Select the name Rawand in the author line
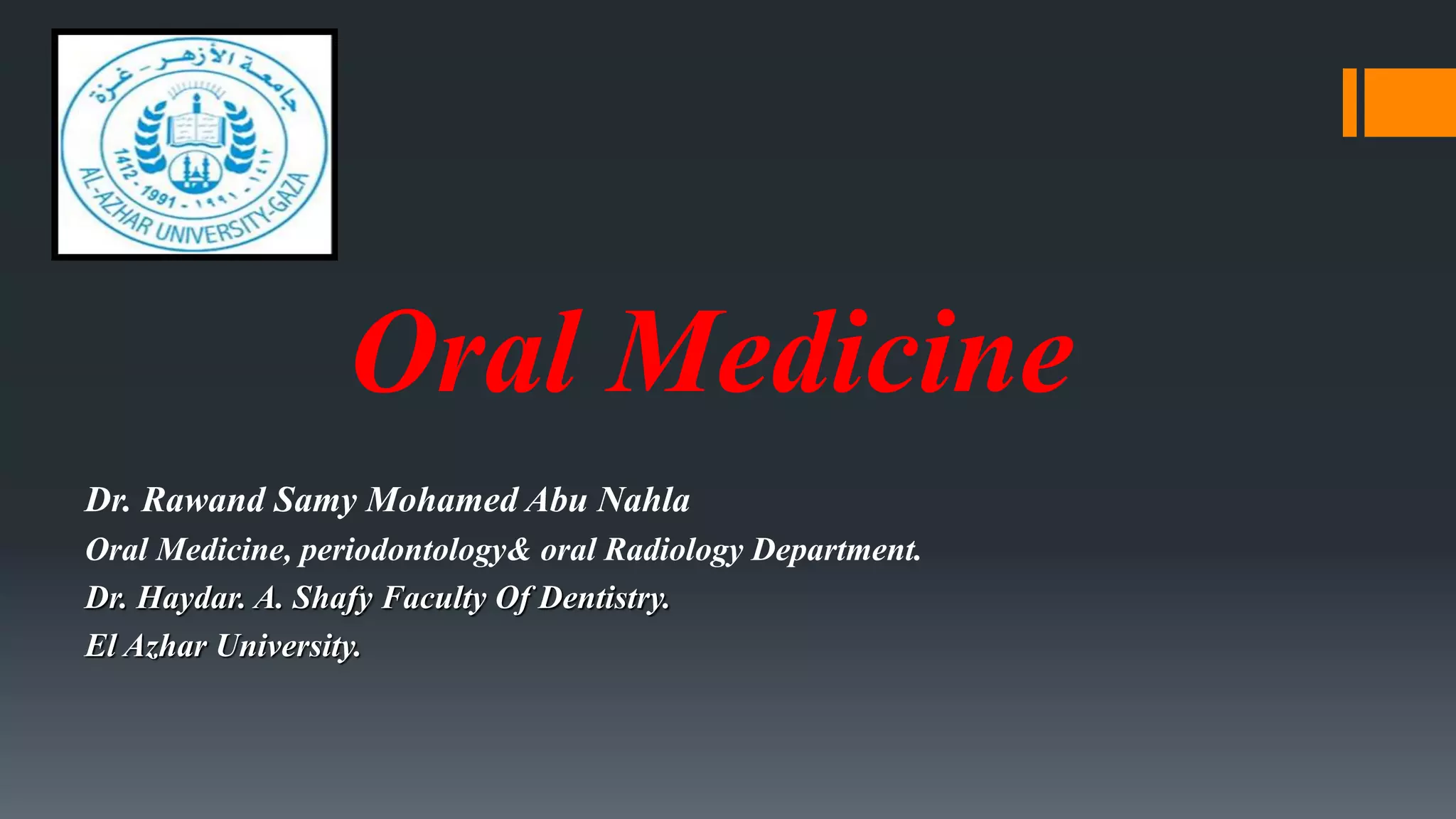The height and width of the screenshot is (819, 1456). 203,500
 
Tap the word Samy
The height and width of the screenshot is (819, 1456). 316,501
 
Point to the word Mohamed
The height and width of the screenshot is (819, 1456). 441,500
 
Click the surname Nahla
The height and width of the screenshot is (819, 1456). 643,500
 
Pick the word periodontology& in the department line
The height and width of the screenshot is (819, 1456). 414,550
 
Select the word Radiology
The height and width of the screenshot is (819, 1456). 673,550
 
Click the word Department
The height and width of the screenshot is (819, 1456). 836,550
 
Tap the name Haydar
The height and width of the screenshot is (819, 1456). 191,598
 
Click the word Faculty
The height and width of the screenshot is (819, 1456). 434,598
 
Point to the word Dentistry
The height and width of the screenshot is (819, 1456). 604,598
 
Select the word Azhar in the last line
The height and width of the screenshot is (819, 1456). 165,646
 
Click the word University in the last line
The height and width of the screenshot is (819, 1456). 288,647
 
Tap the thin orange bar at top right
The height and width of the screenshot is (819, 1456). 1349,102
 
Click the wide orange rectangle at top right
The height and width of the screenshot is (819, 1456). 1410,102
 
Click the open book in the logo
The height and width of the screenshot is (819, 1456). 196,130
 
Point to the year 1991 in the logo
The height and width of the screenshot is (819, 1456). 157,193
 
